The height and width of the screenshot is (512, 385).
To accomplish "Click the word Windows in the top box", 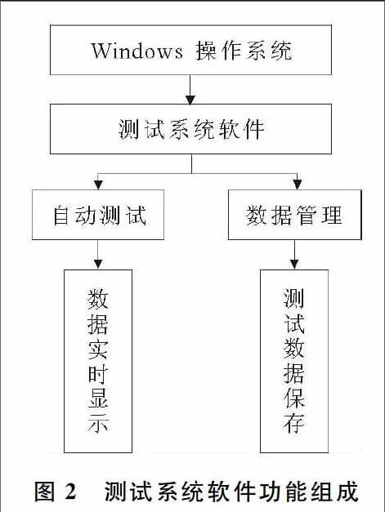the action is pos(137,51).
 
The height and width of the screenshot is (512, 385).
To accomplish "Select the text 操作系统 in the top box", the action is pos(244,51).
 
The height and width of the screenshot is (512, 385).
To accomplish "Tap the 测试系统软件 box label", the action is pos(191,129).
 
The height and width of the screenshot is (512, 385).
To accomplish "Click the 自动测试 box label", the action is pos(100,215).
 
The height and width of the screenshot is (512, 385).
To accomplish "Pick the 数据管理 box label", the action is pos(294,215).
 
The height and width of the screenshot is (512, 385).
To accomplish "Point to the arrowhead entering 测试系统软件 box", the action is pos(190,100).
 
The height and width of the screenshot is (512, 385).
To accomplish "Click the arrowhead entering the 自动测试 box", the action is pos(98,185).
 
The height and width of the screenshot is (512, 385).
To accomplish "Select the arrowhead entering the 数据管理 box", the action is pos(297,185).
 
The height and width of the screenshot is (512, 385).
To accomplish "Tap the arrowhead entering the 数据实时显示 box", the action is pos(98,264).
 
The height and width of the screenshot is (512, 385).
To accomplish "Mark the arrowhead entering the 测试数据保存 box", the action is pos(294,264).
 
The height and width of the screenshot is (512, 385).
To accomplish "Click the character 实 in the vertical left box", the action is pos(98,349).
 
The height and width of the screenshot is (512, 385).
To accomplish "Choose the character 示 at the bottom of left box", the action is pos(98,424).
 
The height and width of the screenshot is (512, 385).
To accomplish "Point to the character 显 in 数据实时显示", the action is pos(98,399).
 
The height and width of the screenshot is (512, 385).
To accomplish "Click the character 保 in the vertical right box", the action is pos(294,399).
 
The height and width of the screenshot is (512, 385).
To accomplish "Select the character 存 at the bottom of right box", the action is pos(294,424).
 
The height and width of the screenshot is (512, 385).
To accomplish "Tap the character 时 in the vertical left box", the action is pos(98,374).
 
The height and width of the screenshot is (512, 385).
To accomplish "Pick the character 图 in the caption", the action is pos(45,491).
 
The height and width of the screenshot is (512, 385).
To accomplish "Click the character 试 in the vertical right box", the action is pos(294,324).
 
